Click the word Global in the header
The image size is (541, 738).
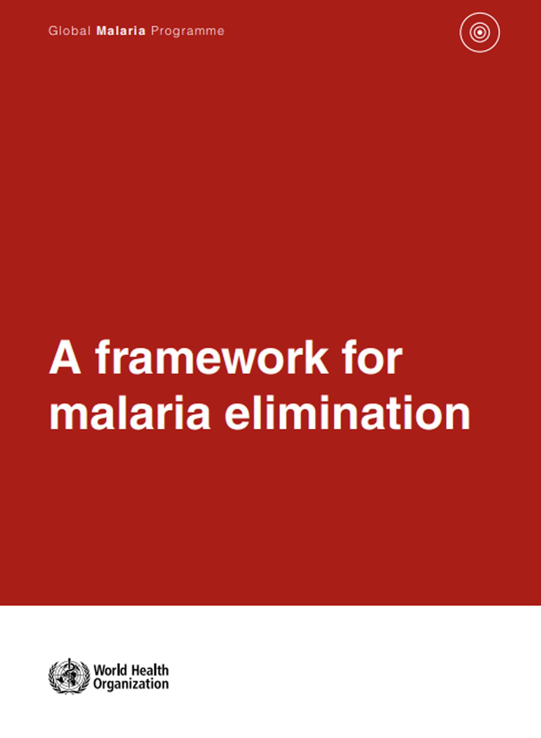pyautogui.click(x=69, y=31)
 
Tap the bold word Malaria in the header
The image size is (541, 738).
pyautogui.click(x=121, y=31)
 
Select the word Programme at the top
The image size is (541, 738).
pyautogui.click(x=188, y=31)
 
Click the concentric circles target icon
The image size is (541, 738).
pyautogui.click(x=480, y=32)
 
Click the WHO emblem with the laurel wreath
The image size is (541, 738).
pyautogui.click(x=69, y=676)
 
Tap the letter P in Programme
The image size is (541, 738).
pyautogui.click(x=154, y=31)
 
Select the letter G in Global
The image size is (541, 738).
pyautogui.click(x=53, y=31)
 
